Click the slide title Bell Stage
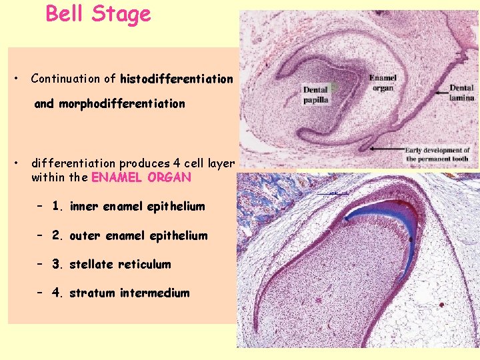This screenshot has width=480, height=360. click(98, 14)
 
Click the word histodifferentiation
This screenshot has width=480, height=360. click(177, 79)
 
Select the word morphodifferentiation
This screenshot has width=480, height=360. click(121, 103)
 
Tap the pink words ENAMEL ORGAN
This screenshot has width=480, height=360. click(141, 178)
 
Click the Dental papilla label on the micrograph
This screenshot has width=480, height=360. click(317, 95)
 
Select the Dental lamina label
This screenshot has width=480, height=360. click(461, 93)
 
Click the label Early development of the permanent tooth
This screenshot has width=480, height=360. click(437, 155)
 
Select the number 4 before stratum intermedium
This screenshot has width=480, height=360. click(56, 293)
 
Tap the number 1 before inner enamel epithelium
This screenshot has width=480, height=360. click(56, 207)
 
